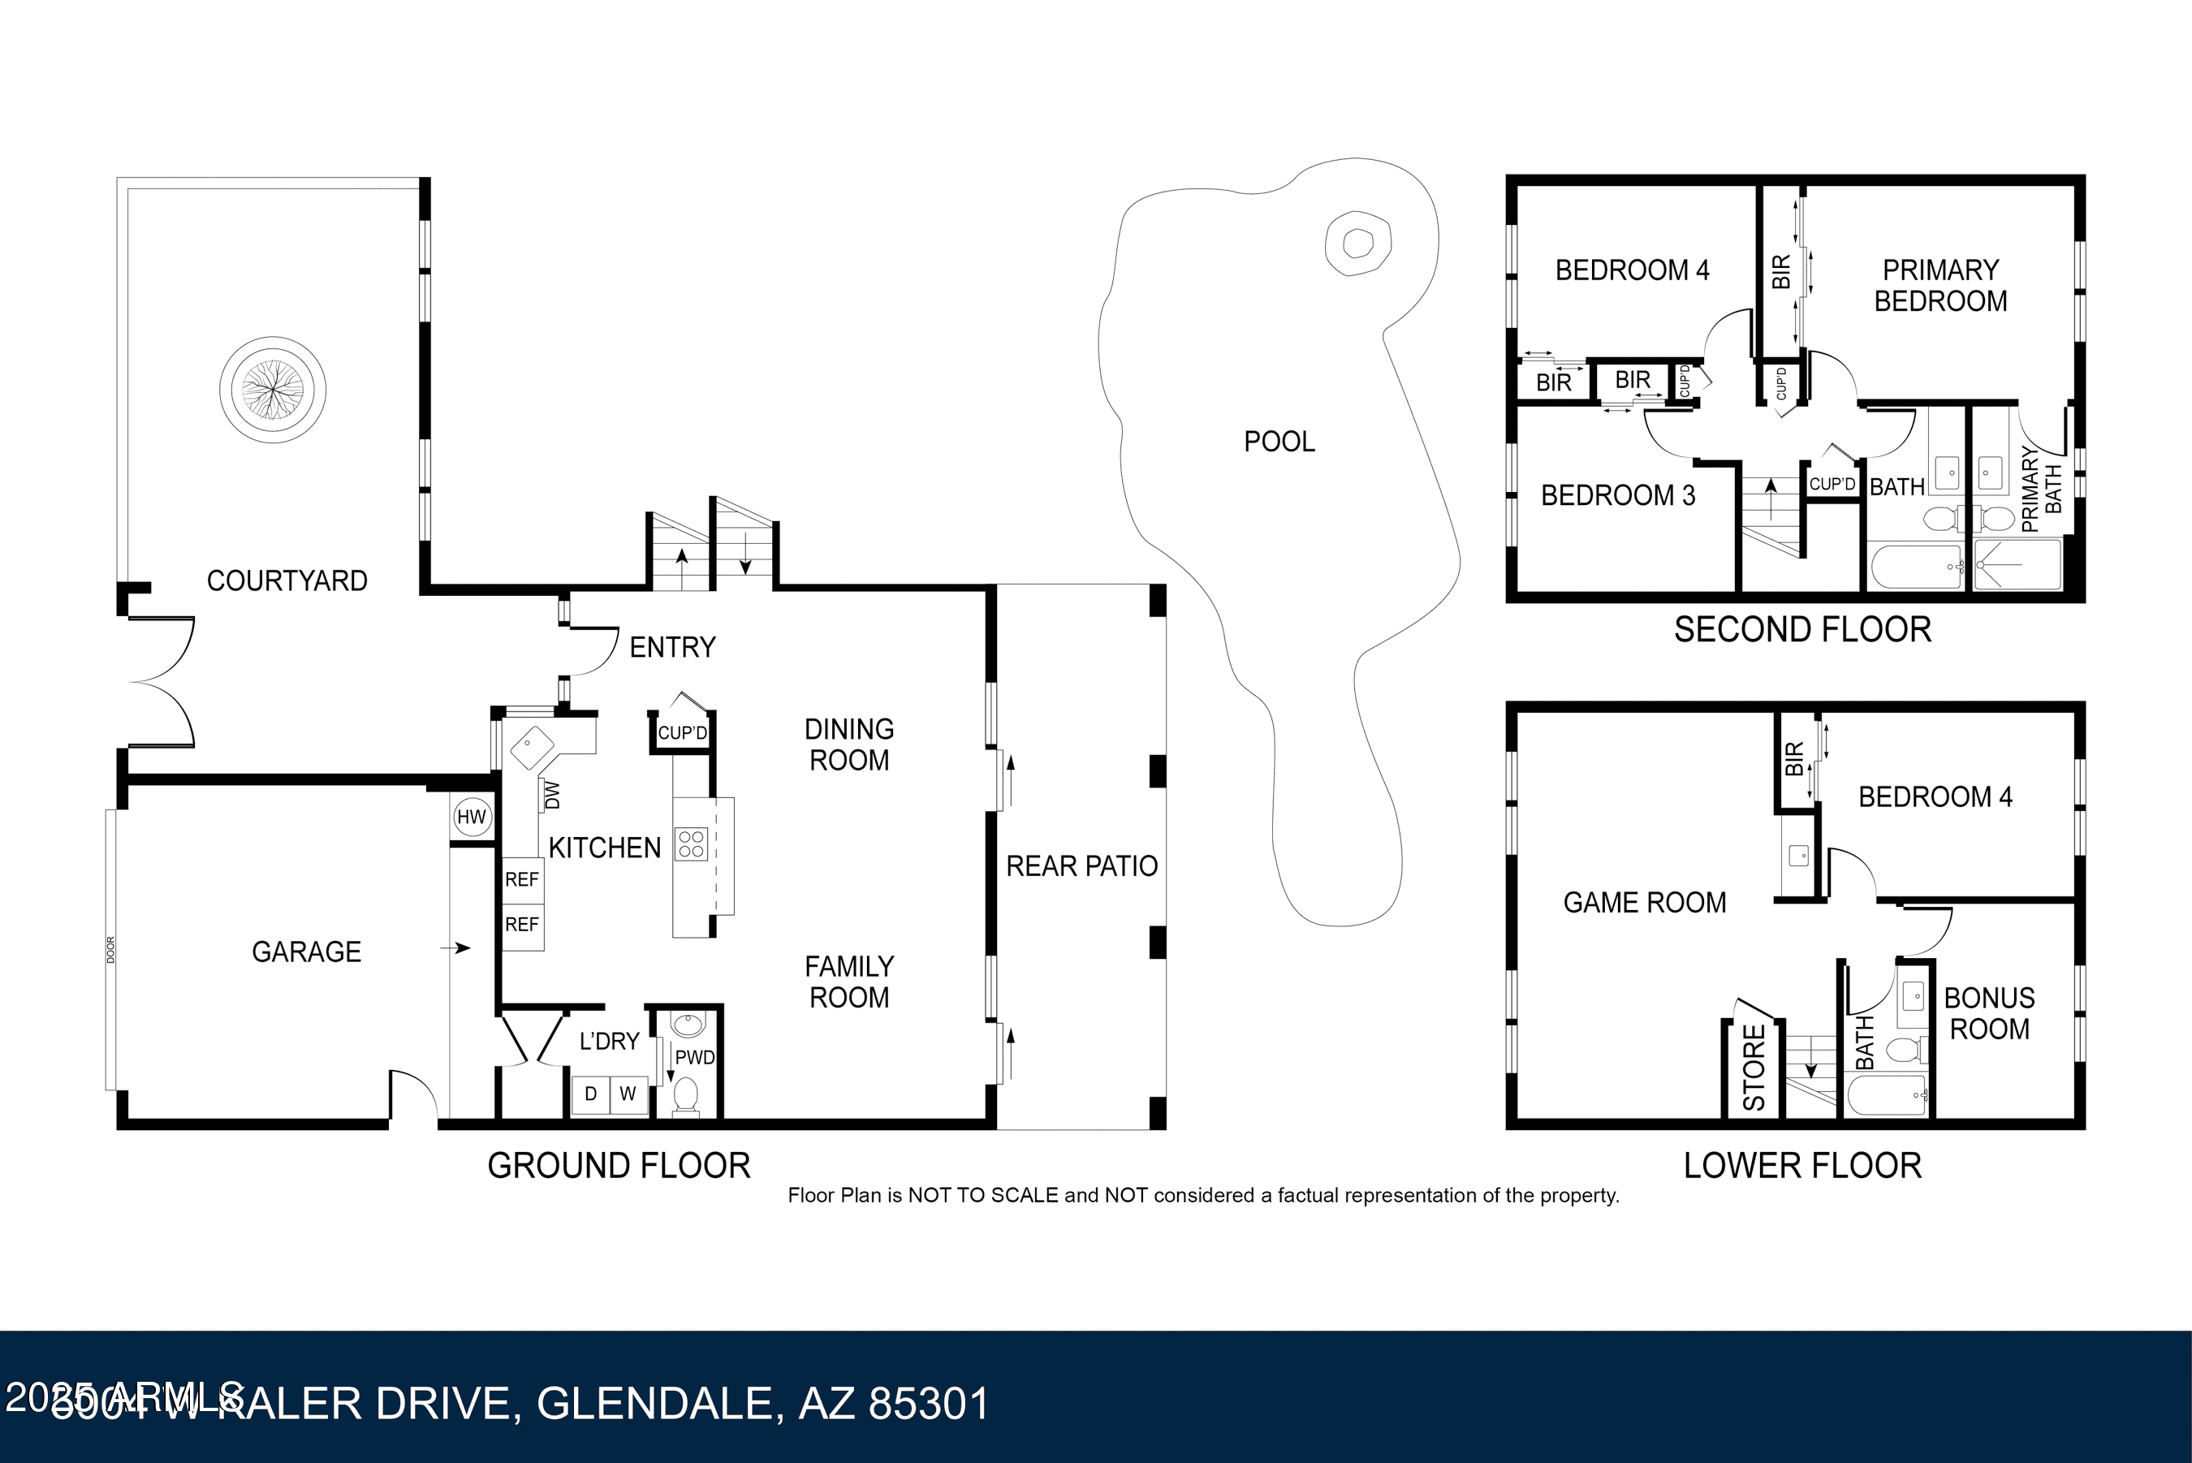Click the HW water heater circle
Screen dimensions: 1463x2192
click(x=471, y=818)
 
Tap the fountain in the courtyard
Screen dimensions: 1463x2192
click(x=272, y=389)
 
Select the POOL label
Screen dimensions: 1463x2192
click(x=1279, y=442)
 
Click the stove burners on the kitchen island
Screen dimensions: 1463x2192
click(x=691, y=844)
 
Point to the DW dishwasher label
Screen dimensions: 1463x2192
click(x=551, y=795)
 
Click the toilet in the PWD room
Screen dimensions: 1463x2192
click(x=685, y=1095)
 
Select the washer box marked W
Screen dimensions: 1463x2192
click(x=628, y=1094)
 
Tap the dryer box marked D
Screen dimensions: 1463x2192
click(x=590, y=1094)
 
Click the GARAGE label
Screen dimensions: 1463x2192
click(x=306, y=952)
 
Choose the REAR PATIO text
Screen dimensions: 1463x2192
click(x=1081, y=865)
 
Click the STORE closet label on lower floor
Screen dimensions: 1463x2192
click(x=1754, y=1068)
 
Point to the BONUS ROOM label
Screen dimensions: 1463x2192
click(x=1989, y=1013)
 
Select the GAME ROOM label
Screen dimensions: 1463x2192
click(x=1645, y=902)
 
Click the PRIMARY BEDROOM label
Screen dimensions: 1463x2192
click(x=1940, y=286)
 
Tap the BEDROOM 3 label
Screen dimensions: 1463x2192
click(x=1617, y=495)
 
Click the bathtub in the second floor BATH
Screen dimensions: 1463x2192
click(x=1916, y=567)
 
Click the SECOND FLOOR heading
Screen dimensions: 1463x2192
click(x=1802, y=630)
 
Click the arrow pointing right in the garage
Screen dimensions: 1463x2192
click(x=456, y=948)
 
